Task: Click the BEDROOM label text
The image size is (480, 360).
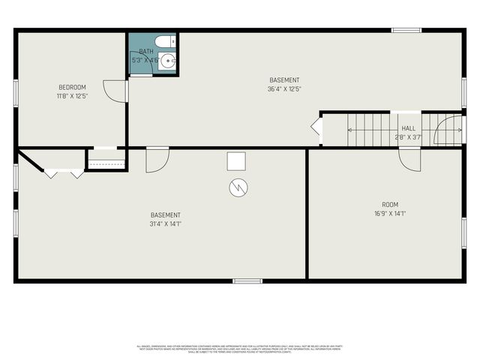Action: (72, 87)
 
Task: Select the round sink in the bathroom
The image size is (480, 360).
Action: (167, 61)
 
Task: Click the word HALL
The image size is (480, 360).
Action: (408, 128)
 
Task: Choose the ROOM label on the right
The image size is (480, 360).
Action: (389, 204)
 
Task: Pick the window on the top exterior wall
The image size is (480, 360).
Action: (406, 31)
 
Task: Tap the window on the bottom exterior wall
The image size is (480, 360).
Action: (247, 281)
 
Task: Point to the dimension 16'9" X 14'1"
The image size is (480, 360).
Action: (389, 214)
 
